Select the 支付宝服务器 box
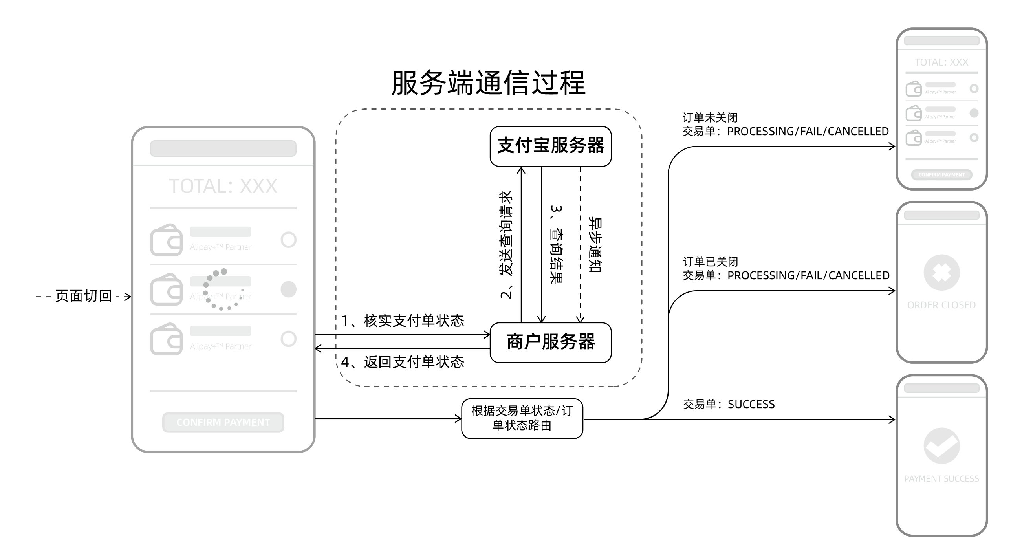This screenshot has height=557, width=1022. click(550, 146)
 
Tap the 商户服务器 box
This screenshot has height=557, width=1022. click(550, 343)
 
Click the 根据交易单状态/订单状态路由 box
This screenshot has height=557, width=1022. click(522, 418)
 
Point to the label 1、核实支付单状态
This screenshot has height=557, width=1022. click(403, 321)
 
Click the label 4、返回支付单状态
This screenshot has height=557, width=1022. click(402, 362)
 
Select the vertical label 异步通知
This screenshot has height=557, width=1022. click(595, 244)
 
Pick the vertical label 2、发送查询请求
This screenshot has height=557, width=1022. click(506, 244)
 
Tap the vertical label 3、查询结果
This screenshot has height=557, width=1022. click(556, 244)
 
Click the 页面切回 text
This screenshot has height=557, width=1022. click(83, 296)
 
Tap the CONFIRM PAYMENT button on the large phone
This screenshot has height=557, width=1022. click(223, 422)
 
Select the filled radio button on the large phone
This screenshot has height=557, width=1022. click(288, 289)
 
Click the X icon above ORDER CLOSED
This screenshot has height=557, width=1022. click(941, 273)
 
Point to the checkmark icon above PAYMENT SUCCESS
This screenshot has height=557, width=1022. click(941, 445)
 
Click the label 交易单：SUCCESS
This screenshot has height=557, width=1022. click(729, 404)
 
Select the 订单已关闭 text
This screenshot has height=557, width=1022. click(710, 262)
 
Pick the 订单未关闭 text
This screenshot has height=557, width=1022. click(710, 117)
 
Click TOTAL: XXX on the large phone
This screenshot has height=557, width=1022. click(223, 186)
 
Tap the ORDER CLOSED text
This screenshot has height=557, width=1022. click(941, 305)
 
